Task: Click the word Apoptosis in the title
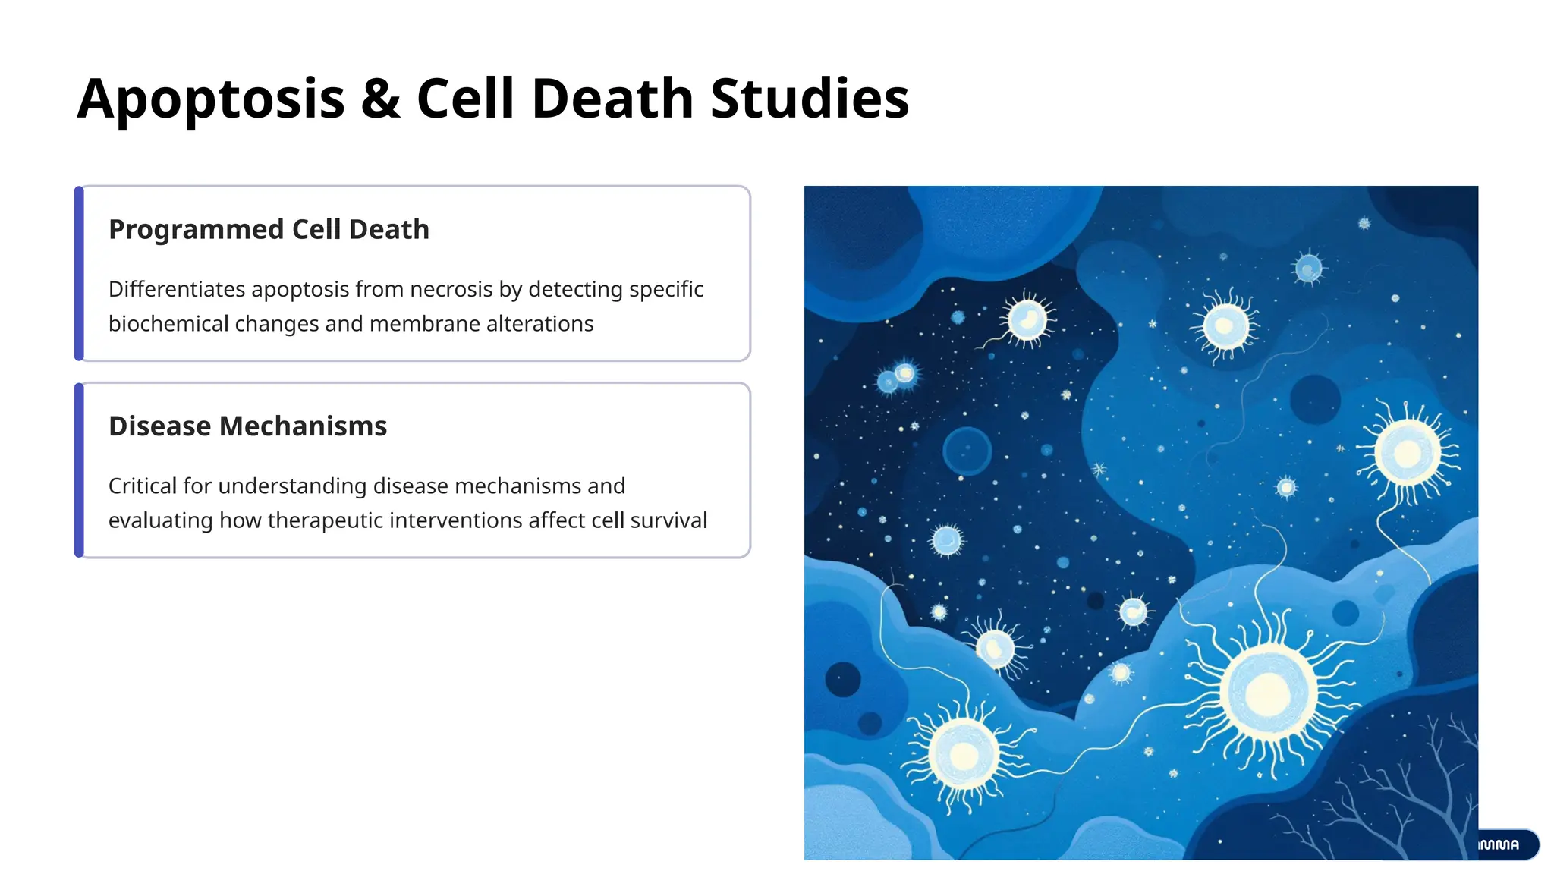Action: tap(211, 99)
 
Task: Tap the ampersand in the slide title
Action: tap(380, 99)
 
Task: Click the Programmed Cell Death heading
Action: tap(269, 229)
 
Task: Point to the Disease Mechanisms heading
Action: tap(247, 426)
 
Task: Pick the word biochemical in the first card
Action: tap(168, 324)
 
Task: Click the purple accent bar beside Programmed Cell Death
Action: tap(79, 273)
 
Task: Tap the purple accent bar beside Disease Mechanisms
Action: tap(79, 470)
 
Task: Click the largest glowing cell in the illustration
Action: tap(1268, 692)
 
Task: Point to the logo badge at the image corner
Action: tap(1505, 844)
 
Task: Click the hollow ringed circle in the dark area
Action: tap(967, 451)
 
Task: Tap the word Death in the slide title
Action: tap(612, 99)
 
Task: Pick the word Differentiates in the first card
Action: tap(177, 289)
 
